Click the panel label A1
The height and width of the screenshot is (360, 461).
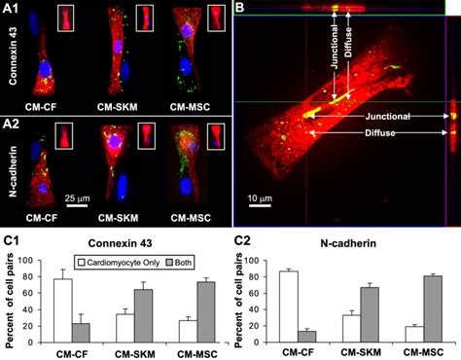(11, 9)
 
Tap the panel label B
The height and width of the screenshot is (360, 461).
(239, 7)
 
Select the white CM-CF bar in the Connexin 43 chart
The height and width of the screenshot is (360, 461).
(63, 310)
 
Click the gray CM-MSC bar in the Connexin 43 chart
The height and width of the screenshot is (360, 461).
(206, 312)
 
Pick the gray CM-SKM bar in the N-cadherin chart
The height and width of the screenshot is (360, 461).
(370, 315)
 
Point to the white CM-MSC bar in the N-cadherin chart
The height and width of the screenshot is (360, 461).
(414, 335)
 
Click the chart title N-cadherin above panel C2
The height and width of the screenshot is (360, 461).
(348, 243)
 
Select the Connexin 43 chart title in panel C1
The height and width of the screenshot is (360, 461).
(120, 243)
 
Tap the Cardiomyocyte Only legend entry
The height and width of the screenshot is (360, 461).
(119, 263)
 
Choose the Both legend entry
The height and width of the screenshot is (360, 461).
(179, 263)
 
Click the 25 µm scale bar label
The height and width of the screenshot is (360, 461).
(77, 198)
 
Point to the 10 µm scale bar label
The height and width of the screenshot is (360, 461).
(260, 198)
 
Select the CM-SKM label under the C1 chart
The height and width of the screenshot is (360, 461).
(135, 354)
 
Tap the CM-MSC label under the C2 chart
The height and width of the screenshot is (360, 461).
(423, 352)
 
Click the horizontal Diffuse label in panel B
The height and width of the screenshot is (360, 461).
(380, 132)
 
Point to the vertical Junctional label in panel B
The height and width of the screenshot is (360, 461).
(335, 47)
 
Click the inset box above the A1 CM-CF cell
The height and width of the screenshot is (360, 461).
(65, 18)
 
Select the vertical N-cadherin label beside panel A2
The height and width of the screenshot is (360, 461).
(13, 171)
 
